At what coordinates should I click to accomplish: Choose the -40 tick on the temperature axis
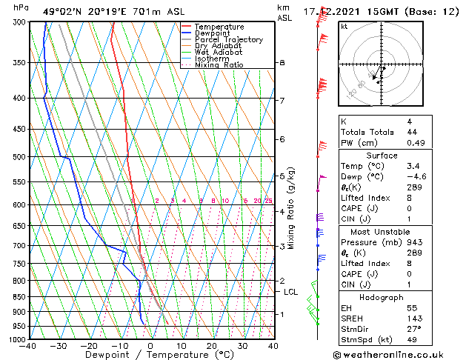[28, 346]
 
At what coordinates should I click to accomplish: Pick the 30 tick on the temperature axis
[242, 346]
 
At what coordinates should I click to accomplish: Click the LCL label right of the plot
[291, 292]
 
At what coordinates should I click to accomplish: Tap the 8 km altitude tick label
[282, 63]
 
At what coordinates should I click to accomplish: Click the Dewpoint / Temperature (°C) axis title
[150, 356]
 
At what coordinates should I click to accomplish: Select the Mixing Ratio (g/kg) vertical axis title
[291, 208]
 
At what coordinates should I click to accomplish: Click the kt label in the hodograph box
[344, 27]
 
